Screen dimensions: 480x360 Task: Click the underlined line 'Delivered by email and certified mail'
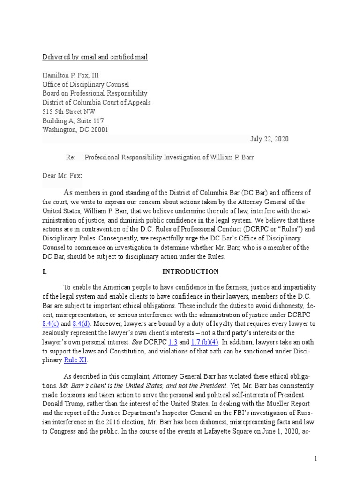[x=95, y=57]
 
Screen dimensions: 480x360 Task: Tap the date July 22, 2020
[x=270, y=139]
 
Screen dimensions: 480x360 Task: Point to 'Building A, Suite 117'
[x=73, y=121]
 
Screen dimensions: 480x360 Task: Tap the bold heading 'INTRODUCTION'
[x=190, y=271]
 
